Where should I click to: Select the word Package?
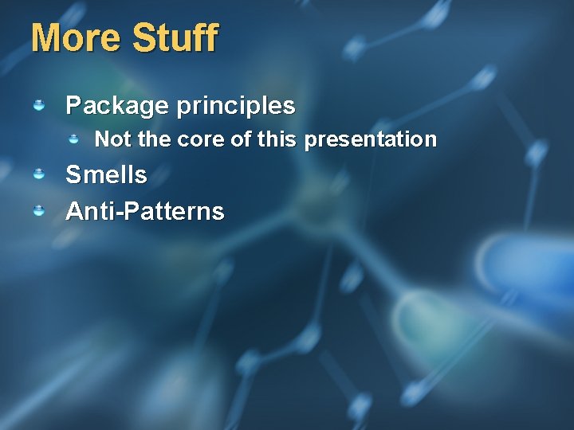[x=117, y=106]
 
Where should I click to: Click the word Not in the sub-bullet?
[x=113, y=140]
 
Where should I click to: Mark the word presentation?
[x=371, y=140]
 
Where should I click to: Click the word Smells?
[x=106, y=174]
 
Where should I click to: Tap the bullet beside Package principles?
[x=38, y=105]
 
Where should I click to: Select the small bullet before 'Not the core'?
[x=73, y=139]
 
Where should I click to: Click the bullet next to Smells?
[x=38, y=174]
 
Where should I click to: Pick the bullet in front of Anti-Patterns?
[x=38, y=210]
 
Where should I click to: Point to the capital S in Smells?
[x=73, y=174]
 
